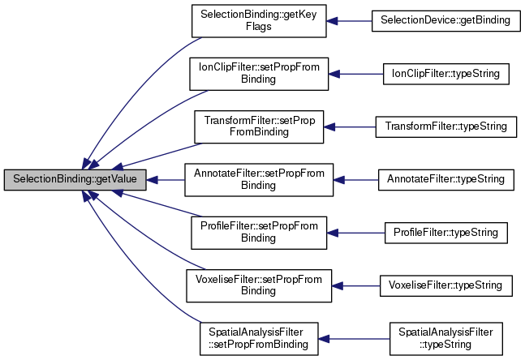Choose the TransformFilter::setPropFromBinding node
point(258,126)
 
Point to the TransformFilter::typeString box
point(445,126)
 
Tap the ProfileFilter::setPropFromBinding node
point(258,232)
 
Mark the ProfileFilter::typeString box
point(445,232)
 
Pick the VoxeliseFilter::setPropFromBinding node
point(258,285)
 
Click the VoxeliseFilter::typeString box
point(445,285)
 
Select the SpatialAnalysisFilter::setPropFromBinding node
point(258,337)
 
